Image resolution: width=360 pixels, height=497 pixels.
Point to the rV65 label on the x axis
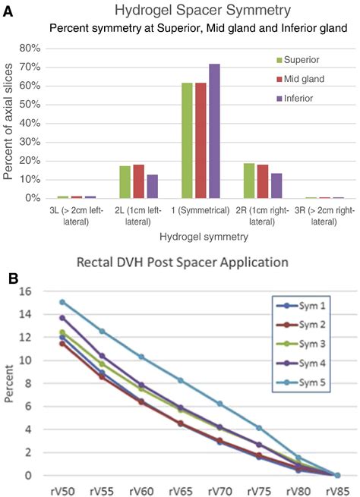point(180,490)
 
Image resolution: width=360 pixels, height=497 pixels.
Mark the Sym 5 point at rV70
point(219,404)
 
